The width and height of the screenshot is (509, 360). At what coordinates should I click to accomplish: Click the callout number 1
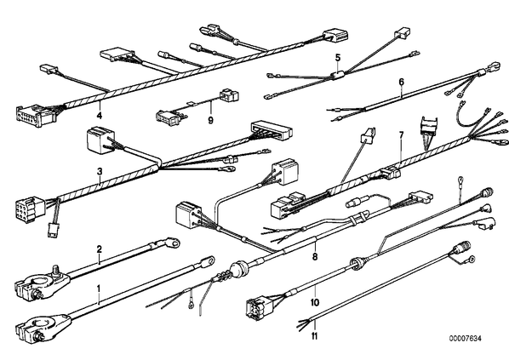(99, 289)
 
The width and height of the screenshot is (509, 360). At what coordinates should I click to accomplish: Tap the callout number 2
(100, 249)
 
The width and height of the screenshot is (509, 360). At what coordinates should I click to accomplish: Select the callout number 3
(100, 171)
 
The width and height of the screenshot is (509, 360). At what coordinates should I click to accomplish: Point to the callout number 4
(100, 115)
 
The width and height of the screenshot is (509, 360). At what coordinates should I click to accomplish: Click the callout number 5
(338, 58)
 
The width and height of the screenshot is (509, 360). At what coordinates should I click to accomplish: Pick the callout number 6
(402, 83)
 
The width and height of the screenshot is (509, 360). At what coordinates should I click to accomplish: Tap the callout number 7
(401, 134)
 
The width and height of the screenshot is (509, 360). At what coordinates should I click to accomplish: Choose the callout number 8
(315, 257)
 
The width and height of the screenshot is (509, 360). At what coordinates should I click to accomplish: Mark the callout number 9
(211, 121)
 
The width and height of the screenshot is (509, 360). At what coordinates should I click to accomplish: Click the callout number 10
(315, 302)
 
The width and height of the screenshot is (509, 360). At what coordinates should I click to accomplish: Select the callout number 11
(314, 336)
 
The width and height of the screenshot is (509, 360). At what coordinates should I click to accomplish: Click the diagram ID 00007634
(466, 339)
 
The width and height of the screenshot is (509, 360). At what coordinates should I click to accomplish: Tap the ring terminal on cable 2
(170, 243)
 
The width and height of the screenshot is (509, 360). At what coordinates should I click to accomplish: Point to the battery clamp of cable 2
(43, 283)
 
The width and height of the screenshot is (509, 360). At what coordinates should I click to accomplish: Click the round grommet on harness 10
(357, 263)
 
